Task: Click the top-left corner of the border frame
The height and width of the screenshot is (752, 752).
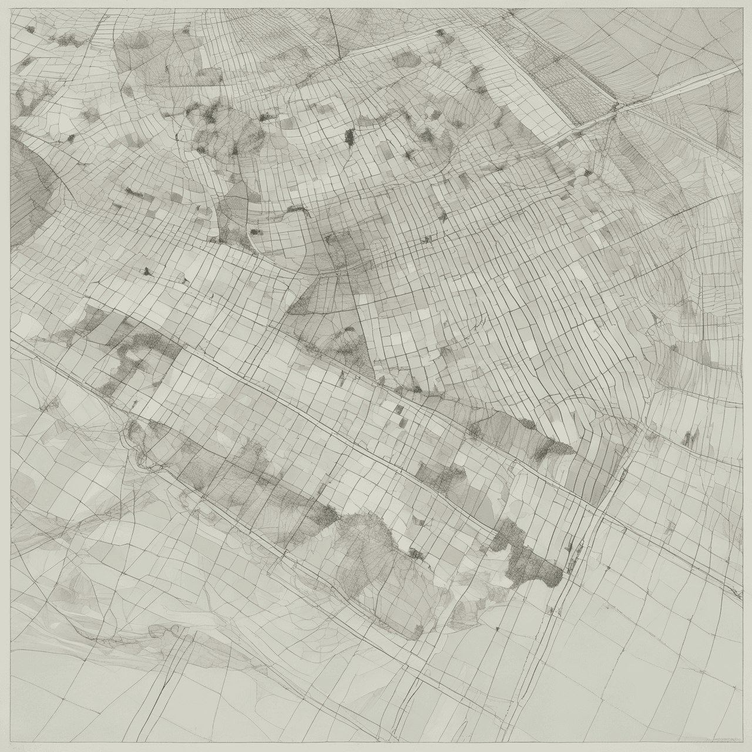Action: pos(11,9)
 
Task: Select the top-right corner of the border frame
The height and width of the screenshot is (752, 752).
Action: pos(742,9)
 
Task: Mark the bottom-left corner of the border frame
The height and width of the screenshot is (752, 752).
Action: pos(11,741)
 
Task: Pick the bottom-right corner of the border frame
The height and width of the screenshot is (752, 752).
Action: pos(742,741)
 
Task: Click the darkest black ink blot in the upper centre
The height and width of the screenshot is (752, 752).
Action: pos(350,137)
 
